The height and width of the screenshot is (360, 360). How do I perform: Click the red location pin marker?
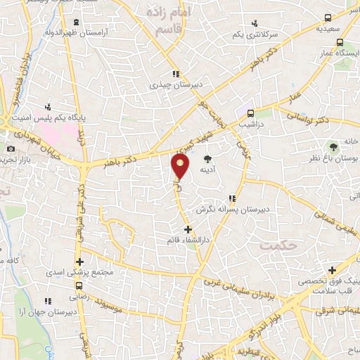[x=181, y=166]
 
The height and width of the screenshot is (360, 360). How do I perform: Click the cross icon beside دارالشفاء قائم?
[x=187, y=229]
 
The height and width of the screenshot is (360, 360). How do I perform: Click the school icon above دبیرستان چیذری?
[x=176, y=73]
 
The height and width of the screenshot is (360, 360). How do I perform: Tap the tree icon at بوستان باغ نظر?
[x=333, y=147]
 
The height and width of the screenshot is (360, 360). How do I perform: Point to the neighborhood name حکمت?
[x=275, y=245]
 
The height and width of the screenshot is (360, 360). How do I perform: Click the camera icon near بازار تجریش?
[x=11, y=149]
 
